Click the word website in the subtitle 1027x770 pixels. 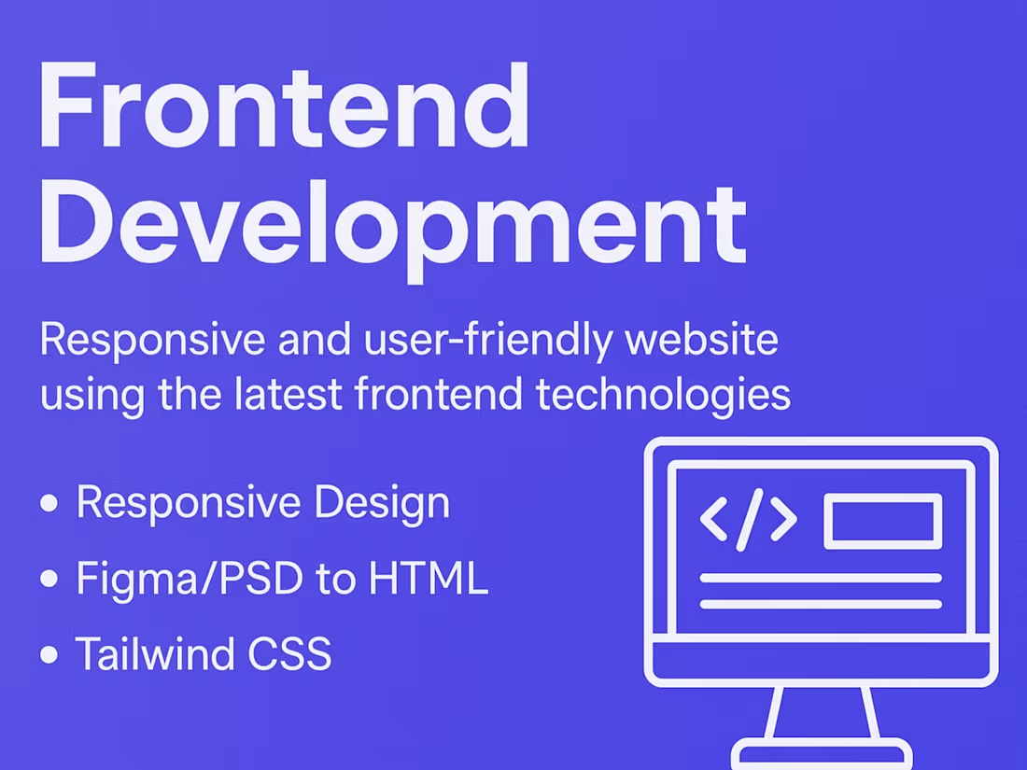(702, 342)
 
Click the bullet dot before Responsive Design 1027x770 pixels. (49, 504)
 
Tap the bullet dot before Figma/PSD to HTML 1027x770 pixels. (49, 580)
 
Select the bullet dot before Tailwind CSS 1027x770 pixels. (49, 654)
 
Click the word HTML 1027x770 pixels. (429, 580)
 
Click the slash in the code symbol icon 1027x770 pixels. (749, 519)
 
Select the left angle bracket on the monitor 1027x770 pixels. (714, 520)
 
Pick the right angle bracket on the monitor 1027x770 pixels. (783, 520)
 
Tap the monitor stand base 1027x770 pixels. (822, 754)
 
